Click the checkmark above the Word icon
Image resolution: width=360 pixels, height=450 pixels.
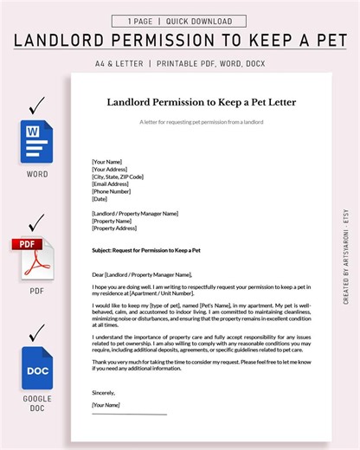tap(35, 107)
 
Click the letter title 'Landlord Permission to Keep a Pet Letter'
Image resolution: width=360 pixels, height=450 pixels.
tap(202, 101)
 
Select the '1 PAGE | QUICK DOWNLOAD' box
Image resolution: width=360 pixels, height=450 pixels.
tap(180, 21)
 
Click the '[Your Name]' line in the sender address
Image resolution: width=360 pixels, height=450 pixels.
tap(107, 161)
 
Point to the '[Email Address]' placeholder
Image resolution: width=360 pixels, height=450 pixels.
tap(112, 183)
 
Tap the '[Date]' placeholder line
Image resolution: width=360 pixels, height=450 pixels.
tap(100, 198)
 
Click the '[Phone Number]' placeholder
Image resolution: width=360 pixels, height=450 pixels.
tap(112, 191)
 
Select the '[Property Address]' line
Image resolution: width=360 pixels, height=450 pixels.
tap(114, 228)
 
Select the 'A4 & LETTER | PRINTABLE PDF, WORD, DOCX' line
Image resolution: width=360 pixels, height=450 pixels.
tap(180, 62)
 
